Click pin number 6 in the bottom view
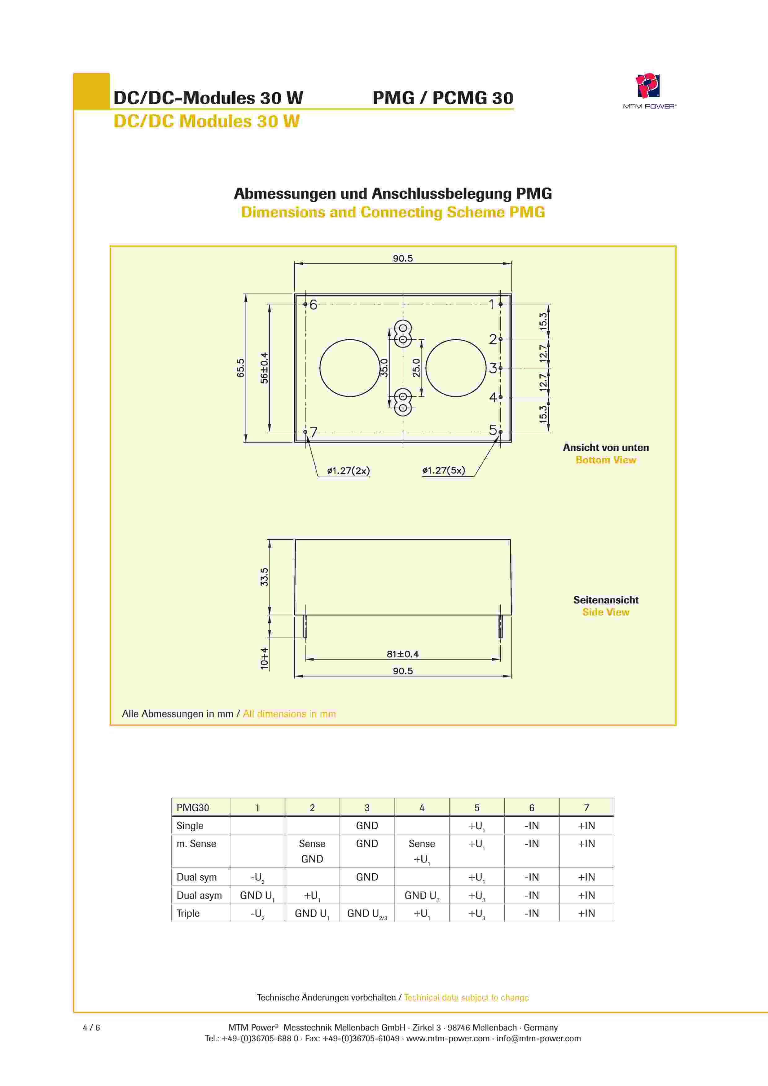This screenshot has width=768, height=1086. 313,305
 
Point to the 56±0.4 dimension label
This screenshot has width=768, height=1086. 264,368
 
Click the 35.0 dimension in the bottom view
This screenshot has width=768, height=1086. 384,368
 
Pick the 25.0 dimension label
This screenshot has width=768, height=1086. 416,368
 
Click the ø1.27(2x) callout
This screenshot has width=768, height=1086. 349,471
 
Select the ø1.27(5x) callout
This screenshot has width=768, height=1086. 444,471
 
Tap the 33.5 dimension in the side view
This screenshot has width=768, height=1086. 264,577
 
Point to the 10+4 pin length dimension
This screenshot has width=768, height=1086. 264,658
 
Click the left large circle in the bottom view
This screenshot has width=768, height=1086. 349,368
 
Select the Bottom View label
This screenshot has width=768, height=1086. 605,460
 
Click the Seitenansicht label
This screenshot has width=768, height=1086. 605,600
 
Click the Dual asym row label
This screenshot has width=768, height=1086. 199,895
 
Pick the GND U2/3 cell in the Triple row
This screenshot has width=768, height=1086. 367,914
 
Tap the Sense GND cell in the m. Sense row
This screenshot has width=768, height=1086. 312,851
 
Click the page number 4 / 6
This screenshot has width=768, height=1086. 91,1027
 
